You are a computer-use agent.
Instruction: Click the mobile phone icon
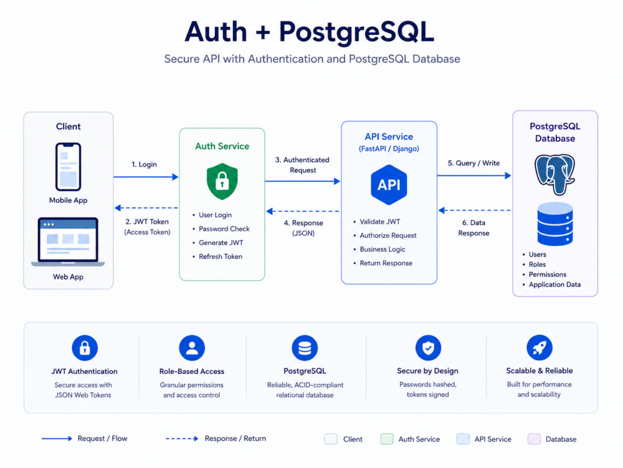point(68,167)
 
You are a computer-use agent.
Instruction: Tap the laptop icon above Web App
point(68,242)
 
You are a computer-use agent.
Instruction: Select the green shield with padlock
point(222,181)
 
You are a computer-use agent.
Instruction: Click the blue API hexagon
point(389,185)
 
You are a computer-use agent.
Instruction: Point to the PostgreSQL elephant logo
point(554,174)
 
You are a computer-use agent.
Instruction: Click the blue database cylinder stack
point(555,223)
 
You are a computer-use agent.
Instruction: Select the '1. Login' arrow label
point(145,164)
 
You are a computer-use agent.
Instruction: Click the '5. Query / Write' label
point(473,163)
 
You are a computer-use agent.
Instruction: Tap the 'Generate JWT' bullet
point(221,243)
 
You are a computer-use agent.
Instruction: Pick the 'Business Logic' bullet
point(383,249)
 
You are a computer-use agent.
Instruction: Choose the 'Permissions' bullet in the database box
point(547,275)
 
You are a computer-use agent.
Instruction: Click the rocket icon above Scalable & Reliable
point(539,348)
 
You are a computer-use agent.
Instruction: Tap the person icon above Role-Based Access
point(192,348)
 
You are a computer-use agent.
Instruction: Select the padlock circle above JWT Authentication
point(85,348)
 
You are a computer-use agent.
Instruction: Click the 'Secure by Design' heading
point(427,371)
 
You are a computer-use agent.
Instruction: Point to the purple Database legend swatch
point(534,439)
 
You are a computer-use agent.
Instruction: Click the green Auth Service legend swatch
point(387,439)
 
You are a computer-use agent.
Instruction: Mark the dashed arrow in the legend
point(182,439)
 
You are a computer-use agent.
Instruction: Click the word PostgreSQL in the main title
point(356,32)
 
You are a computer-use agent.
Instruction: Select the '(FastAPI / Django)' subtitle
point(389,149)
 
